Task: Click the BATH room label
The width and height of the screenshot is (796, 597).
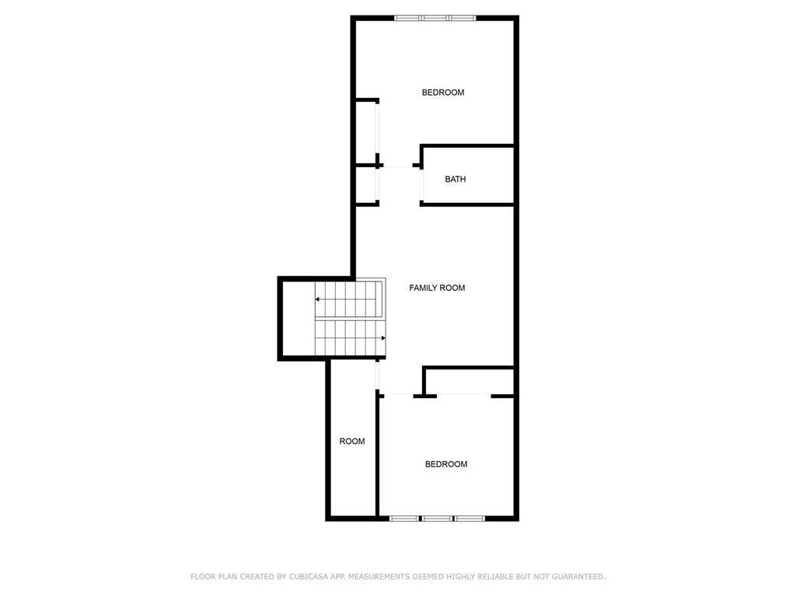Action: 455,180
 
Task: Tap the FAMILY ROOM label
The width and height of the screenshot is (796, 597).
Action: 437,288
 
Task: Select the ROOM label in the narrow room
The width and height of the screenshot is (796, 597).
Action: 352,442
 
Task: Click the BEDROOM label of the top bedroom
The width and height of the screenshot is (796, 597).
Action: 442,93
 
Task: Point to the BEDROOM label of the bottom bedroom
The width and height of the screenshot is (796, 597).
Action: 445,464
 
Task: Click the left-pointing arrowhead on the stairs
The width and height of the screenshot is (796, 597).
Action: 317,299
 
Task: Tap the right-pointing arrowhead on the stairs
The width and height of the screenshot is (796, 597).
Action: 383,338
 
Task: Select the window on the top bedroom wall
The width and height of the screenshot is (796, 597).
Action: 435,19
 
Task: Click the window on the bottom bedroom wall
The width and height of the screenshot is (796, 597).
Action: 437,518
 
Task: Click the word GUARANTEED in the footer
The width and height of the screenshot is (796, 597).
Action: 578,577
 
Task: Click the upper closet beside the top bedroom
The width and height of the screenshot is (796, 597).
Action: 365,133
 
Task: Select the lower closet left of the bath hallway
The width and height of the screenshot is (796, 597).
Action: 365,184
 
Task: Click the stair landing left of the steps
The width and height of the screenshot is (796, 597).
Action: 298,319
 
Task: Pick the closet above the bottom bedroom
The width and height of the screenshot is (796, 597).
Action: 470,381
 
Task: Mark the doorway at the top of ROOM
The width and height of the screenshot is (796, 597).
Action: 377,375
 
